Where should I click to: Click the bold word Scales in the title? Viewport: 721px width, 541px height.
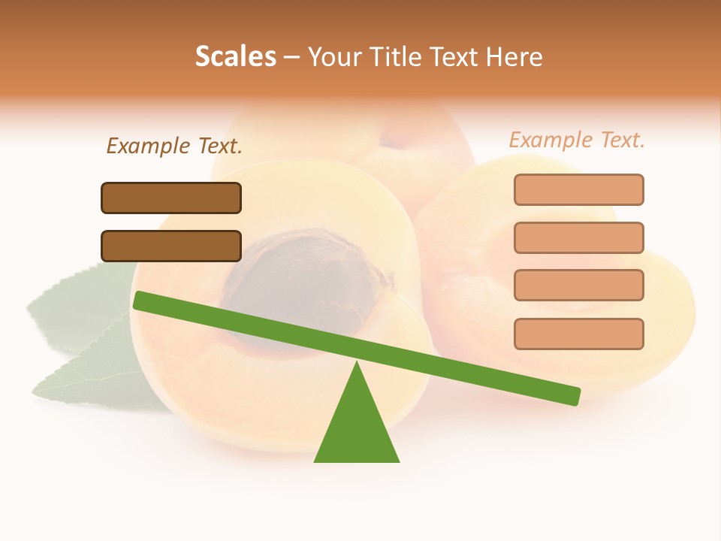(x=235, y=56)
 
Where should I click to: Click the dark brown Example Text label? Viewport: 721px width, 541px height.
(x=174, y=146)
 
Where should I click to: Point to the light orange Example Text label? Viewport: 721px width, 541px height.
(x=577, y=140)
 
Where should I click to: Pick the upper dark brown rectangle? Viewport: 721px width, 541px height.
(x=171, y=198)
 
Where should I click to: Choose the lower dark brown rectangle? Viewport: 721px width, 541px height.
(x=171, y=246)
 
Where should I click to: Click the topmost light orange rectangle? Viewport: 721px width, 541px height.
(x=578, y=189)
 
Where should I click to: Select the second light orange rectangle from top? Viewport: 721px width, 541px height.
(x=578, y=237)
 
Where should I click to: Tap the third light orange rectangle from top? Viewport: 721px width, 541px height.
(x=578, y=285)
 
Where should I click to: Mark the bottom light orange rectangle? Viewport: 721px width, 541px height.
(x=578, y=334)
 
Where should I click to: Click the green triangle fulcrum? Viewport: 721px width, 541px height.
(x=357, y=428)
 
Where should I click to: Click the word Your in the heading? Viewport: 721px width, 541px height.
(x=334, y=56)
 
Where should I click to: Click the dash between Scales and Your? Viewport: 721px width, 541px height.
(x=292, y=57)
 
